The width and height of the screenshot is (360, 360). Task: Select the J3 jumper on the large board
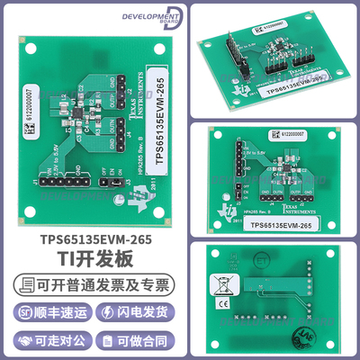point(112,187)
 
